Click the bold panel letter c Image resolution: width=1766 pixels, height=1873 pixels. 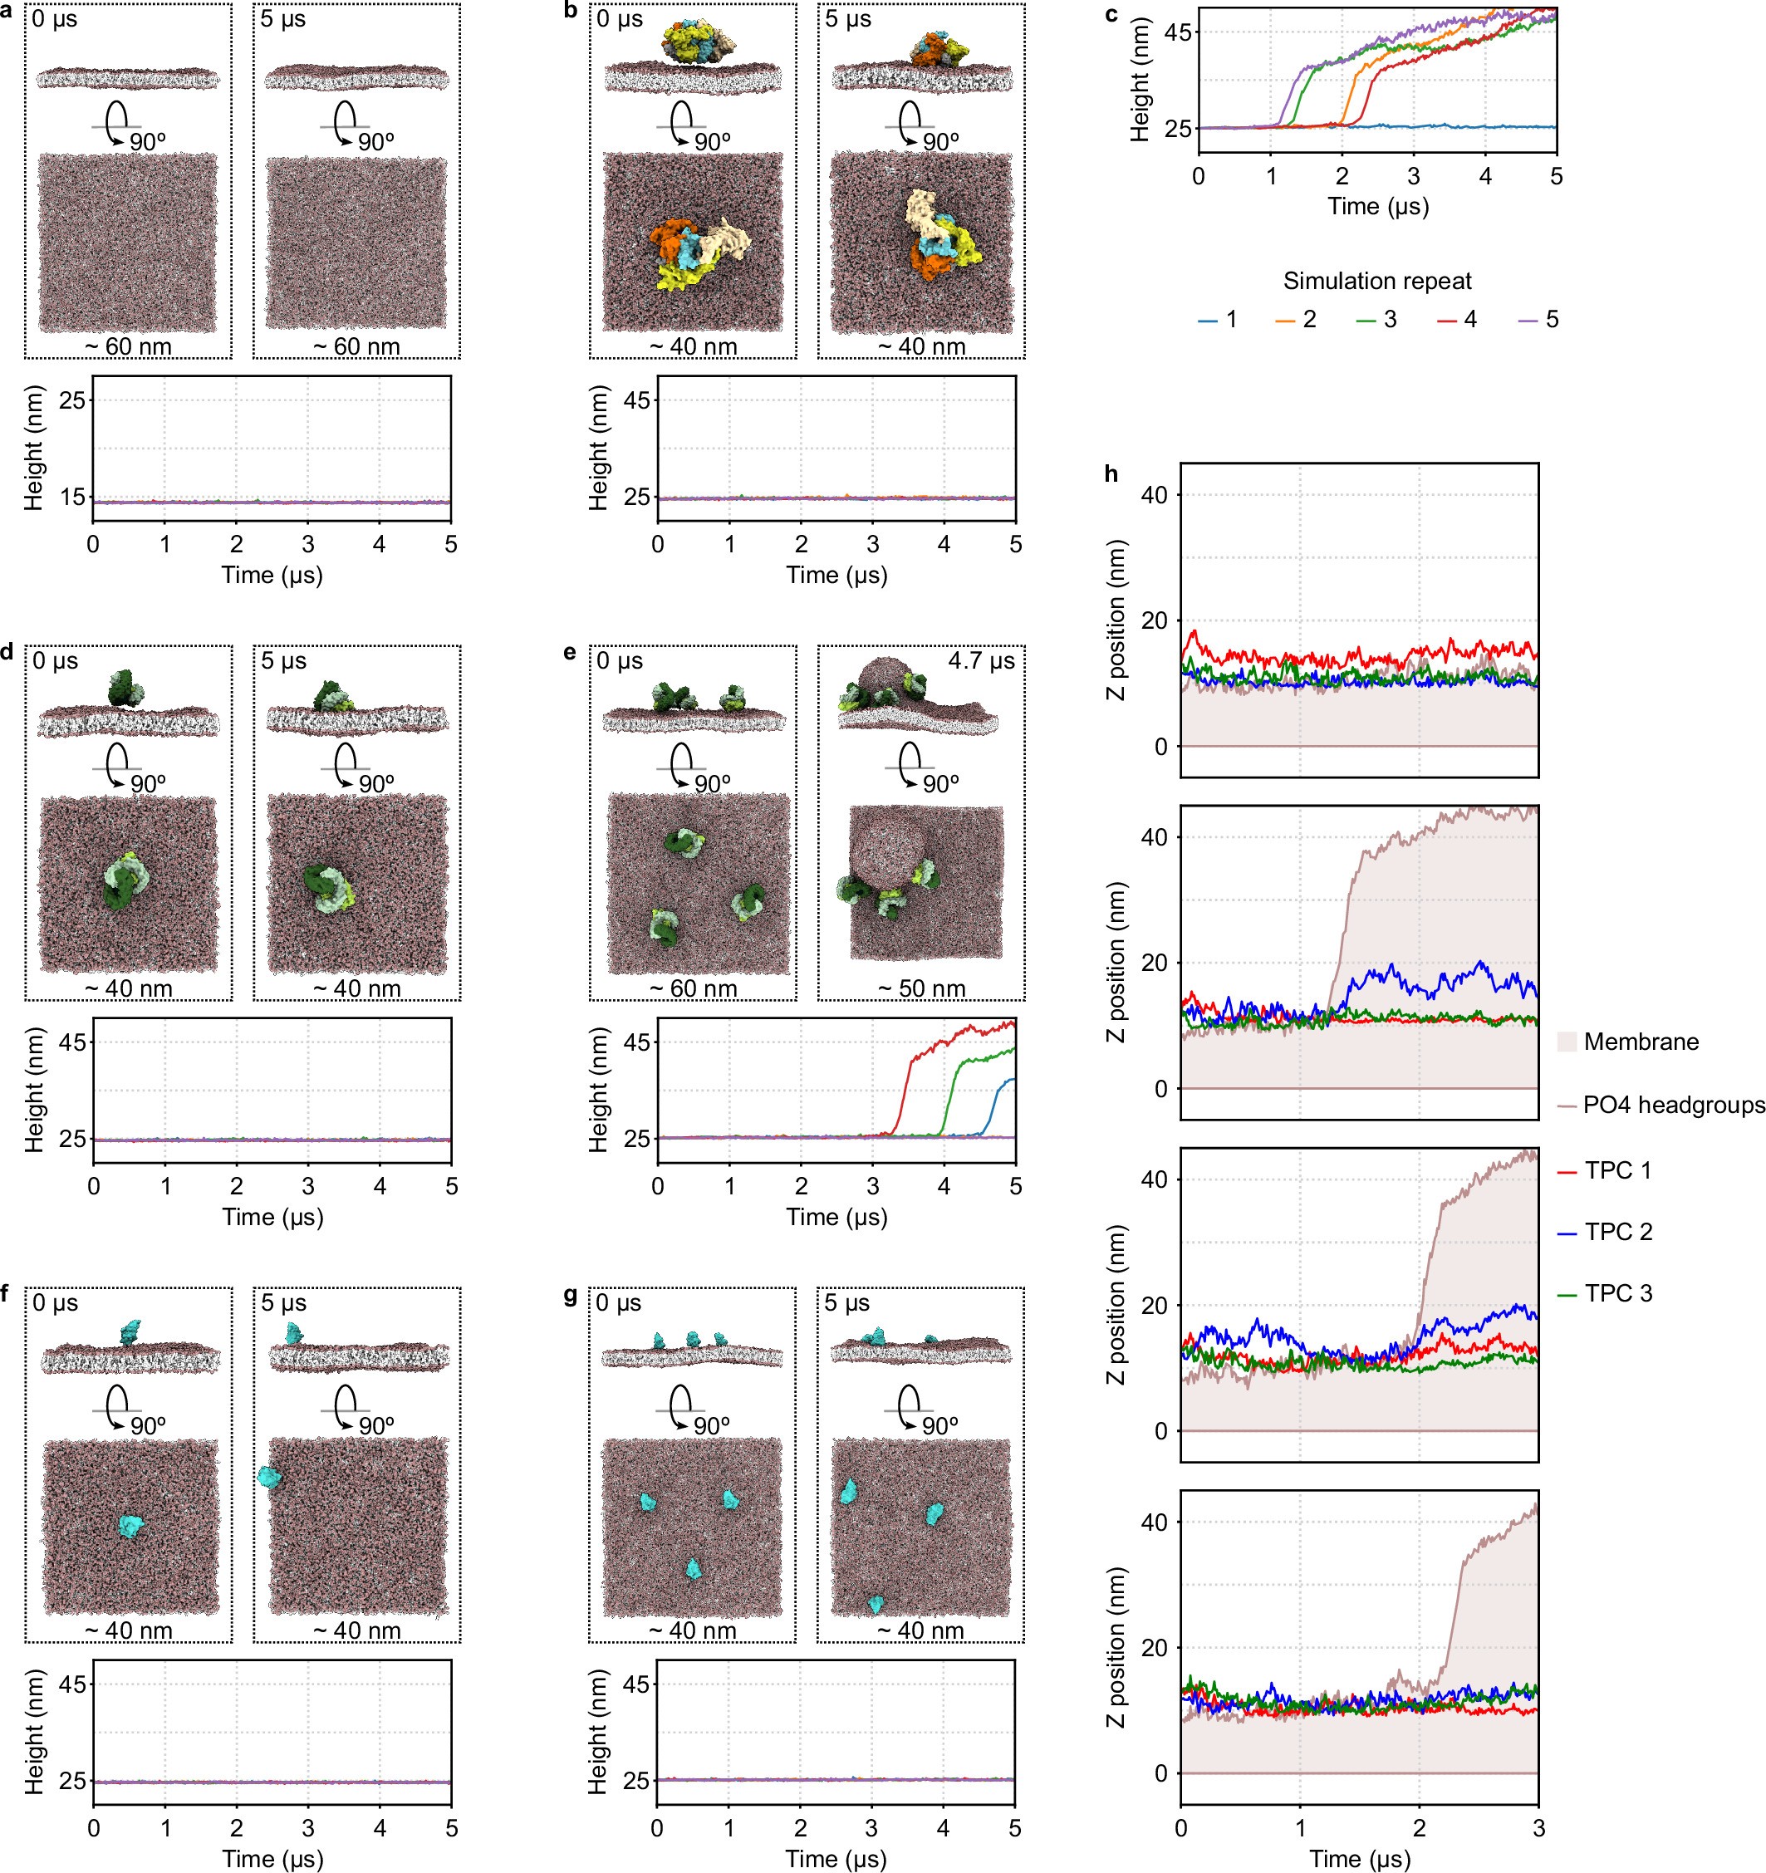(1111, 15)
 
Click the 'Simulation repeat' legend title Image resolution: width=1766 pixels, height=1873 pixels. (1376, 281)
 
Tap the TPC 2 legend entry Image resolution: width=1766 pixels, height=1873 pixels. (1617, 1232)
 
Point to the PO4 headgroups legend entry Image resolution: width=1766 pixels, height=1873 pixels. (1673, 1104)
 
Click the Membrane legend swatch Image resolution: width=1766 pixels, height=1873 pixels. (1566, 1041)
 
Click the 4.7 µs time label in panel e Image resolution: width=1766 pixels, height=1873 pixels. (981, 660)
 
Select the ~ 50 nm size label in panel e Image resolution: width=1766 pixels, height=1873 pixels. (920, 988)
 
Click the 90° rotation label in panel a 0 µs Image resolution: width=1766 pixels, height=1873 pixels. (148, 142)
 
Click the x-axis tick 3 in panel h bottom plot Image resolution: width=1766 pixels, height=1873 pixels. (1538, 1826)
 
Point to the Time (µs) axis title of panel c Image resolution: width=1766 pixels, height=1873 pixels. (1376, 205)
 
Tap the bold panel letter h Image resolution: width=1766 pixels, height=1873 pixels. (1111, 474)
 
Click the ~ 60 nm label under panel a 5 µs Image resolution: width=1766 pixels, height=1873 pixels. (356, 346)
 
